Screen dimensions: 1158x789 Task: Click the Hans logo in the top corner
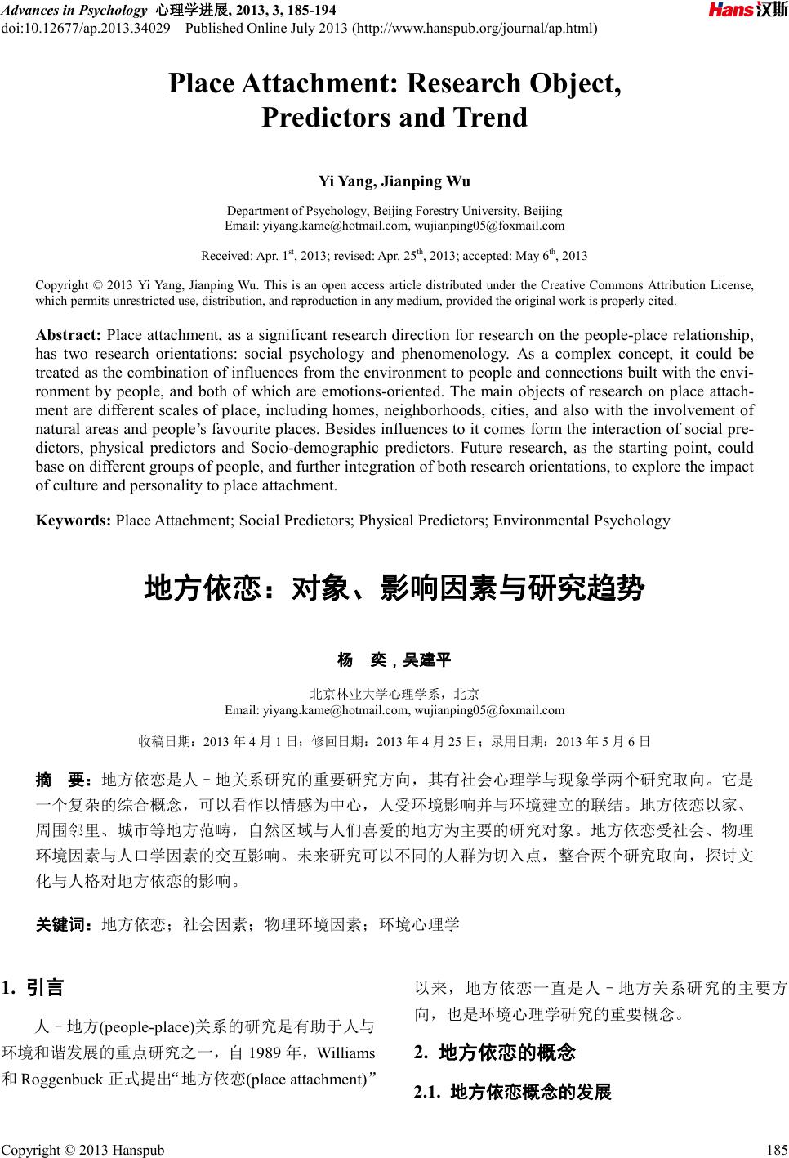tap(747, 11)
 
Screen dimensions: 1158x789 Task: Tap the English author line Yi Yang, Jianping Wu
tap(394, 181)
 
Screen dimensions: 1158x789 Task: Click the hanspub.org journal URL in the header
tap(475, 29)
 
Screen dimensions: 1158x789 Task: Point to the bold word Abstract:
tap(69, 335)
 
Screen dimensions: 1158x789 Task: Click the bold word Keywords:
tap(74, 521)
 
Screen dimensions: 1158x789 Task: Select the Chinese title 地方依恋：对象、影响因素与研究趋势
tap(394, 588)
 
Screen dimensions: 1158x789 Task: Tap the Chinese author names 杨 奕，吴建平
tap(394, 659)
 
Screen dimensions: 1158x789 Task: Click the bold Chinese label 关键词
tap(65, 924)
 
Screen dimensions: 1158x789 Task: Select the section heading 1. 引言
tap(33, 988)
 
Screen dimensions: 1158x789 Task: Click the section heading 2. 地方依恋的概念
tap(495, 1053)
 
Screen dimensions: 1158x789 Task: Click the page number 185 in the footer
tap(775, 1150)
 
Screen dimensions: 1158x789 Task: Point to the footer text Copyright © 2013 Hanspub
tap(82, 1150)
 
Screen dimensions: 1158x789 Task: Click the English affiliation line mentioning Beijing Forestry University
tap(394, 211)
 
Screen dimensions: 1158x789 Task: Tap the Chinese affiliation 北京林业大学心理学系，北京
tap(394, 695)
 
